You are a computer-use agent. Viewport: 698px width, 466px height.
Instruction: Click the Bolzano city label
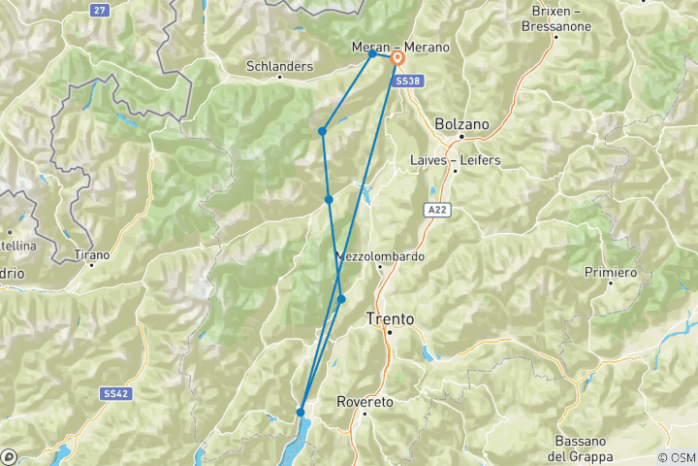pyautogui.click(x=462, y=124)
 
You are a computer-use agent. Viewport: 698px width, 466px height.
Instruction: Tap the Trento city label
pyautogui.click(x=390, y=318)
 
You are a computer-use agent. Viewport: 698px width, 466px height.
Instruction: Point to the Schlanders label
pyautogui.click(x=280, y=66)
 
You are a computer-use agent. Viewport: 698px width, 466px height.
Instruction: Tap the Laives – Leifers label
pyautogui.click(x=455, y=160)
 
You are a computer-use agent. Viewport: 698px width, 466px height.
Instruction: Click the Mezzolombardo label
pyautogui.click(x=380, y=257)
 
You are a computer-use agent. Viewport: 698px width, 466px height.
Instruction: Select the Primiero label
pyautogui.click(x=610, y=273)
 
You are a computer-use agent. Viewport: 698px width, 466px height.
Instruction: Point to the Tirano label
pyautogui.click(x=92, y=255)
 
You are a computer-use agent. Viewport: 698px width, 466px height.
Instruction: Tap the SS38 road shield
pyautogui.click(x=407, y=83)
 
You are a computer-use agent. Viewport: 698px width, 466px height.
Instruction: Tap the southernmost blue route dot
pyautogui.click(x=301, y=413)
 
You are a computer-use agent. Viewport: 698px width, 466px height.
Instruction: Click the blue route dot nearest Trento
pyautogui.click(x=341, y=299)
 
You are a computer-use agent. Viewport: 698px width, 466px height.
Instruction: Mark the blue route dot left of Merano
pyautogui.click(x=372, y=53)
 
